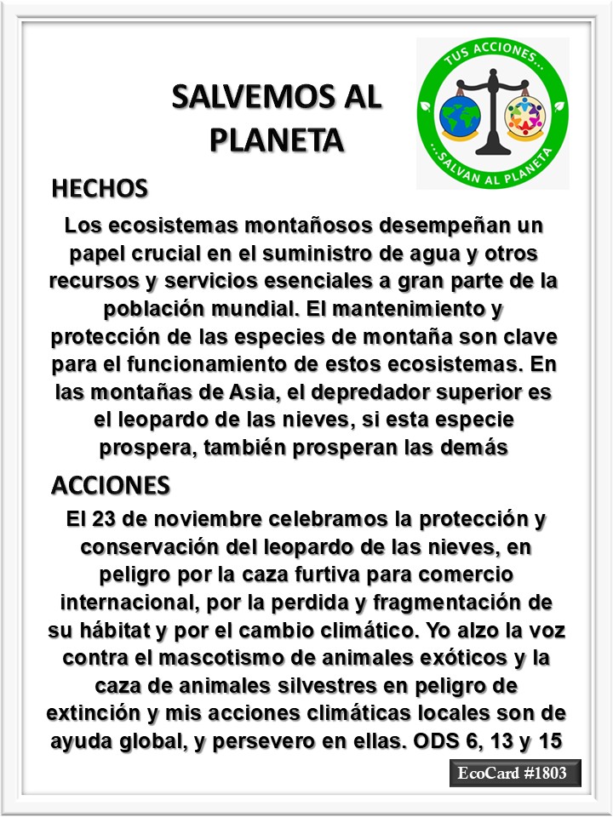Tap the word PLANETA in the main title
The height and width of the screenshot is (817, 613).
point(277,138)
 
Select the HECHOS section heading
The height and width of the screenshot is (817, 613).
point(100,188)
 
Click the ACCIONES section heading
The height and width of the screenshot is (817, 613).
point(111,484)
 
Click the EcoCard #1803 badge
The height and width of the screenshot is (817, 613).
point(515,774)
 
